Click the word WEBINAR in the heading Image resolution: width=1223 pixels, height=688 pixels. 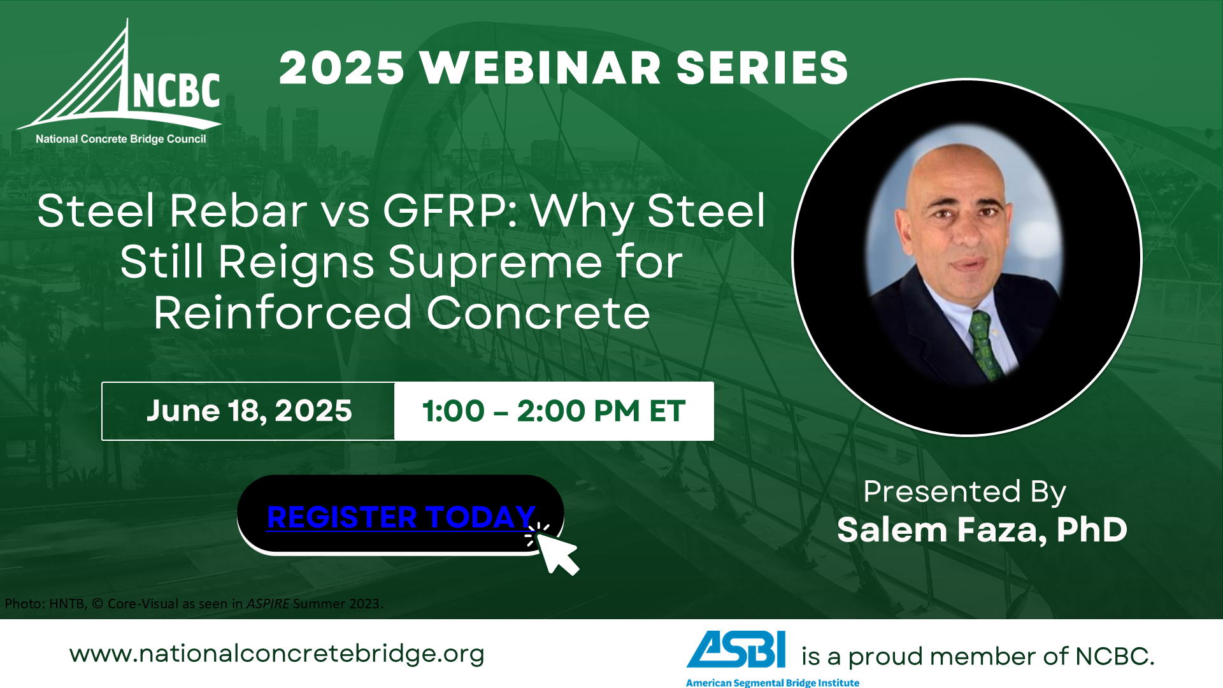click(x=541, y=68)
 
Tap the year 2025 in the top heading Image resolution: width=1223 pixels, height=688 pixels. click(x=342, y=68)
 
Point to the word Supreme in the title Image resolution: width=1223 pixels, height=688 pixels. click(x=495, y=262)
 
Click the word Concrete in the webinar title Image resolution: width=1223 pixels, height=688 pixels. click(x=538, y=313)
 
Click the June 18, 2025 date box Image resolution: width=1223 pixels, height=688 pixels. click(x=248, y=411)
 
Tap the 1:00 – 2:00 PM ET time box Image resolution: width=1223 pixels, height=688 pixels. click(x=554, y=411)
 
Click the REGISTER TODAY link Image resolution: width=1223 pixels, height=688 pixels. click(x=401, y=517)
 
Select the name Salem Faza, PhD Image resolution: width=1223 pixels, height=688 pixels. click(x=982, y=529)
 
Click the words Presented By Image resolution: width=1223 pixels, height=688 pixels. click(x=964, y=492)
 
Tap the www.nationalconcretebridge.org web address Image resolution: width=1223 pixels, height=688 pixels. click(x=277, y=654)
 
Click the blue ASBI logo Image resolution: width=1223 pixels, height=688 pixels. click(x=736, y=649)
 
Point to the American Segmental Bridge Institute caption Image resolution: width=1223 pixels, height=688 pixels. click(x=773, y=682)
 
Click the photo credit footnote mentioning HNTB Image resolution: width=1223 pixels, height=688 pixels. click(x=194, y=603)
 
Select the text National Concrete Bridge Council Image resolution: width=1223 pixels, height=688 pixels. click(x=121, y=139)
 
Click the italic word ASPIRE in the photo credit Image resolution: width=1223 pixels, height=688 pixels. click(x=268, y=603)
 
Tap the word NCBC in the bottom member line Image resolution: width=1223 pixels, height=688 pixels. click(x=1115, y=656)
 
